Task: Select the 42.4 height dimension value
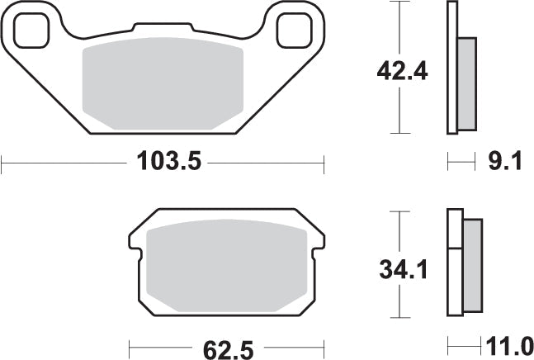(x=403, y=72)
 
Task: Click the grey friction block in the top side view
(x=466, y=83)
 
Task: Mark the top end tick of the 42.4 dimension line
(x=400, y=2)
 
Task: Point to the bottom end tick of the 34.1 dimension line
(x=400, y=318)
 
